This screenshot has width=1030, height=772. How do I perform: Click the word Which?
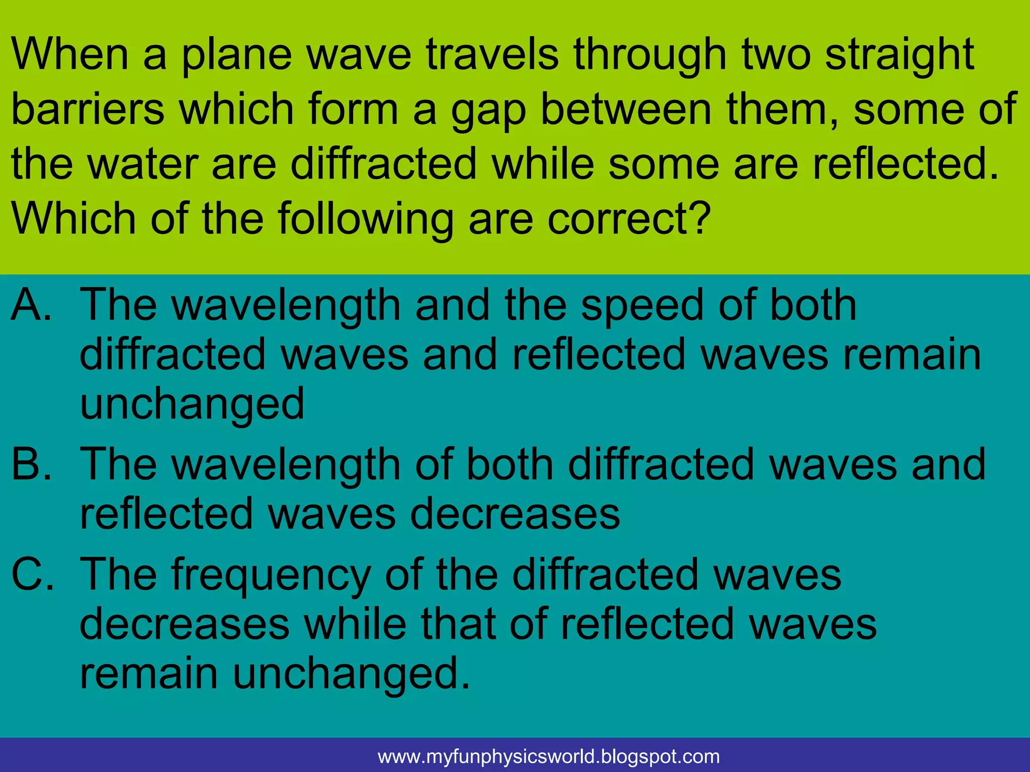click(x=73, y=218)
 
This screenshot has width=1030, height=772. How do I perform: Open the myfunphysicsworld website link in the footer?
click(x=549, y=756)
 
